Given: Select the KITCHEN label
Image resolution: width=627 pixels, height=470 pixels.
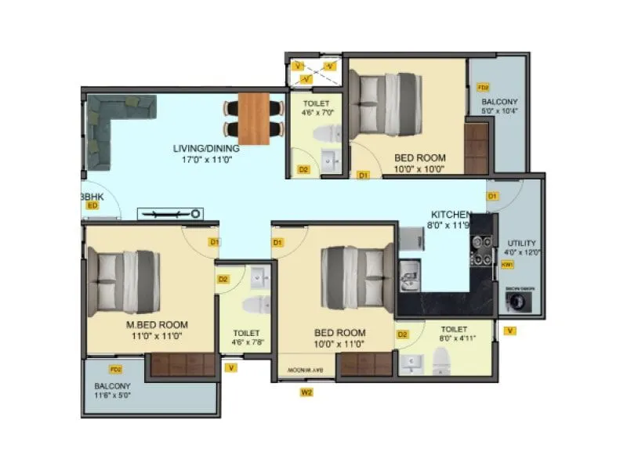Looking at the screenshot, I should point(451,214).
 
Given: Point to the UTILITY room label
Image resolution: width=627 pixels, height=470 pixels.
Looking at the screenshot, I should point(521,242).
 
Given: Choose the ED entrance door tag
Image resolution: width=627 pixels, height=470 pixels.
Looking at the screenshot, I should point(92,205).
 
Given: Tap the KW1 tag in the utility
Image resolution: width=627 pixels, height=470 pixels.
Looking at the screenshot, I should point(507,265).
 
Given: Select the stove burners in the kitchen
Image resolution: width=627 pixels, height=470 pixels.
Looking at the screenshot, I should point(481,251).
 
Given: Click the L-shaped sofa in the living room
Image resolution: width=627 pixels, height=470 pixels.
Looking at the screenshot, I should point(110,125).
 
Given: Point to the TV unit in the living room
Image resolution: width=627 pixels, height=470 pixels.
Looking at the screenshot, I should point(170,213).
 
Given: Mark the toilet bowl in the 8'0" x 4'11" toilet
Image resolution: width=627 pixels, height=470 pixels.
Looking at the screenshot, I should point(440,361).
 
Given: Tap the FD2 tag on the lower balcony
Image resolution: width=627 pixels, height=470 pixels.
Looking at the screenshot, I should point(116,369).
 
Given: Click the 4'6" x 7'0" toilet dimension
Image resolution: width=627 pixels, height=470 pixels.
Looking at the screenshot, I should point(317,112).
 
